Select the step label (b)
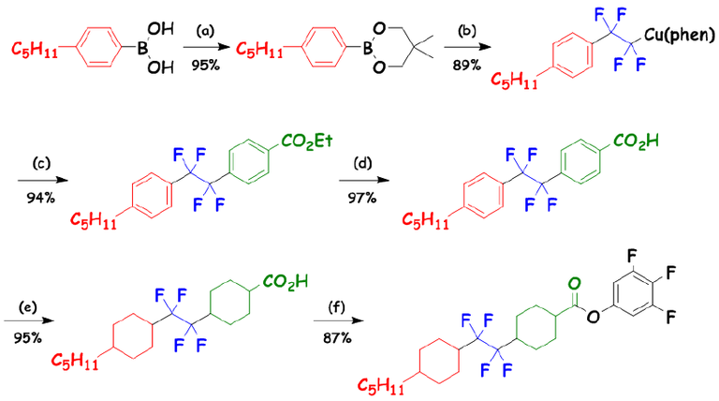click(x=466, y=31)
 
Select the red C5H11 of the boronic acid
click(x=34, y=47)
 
